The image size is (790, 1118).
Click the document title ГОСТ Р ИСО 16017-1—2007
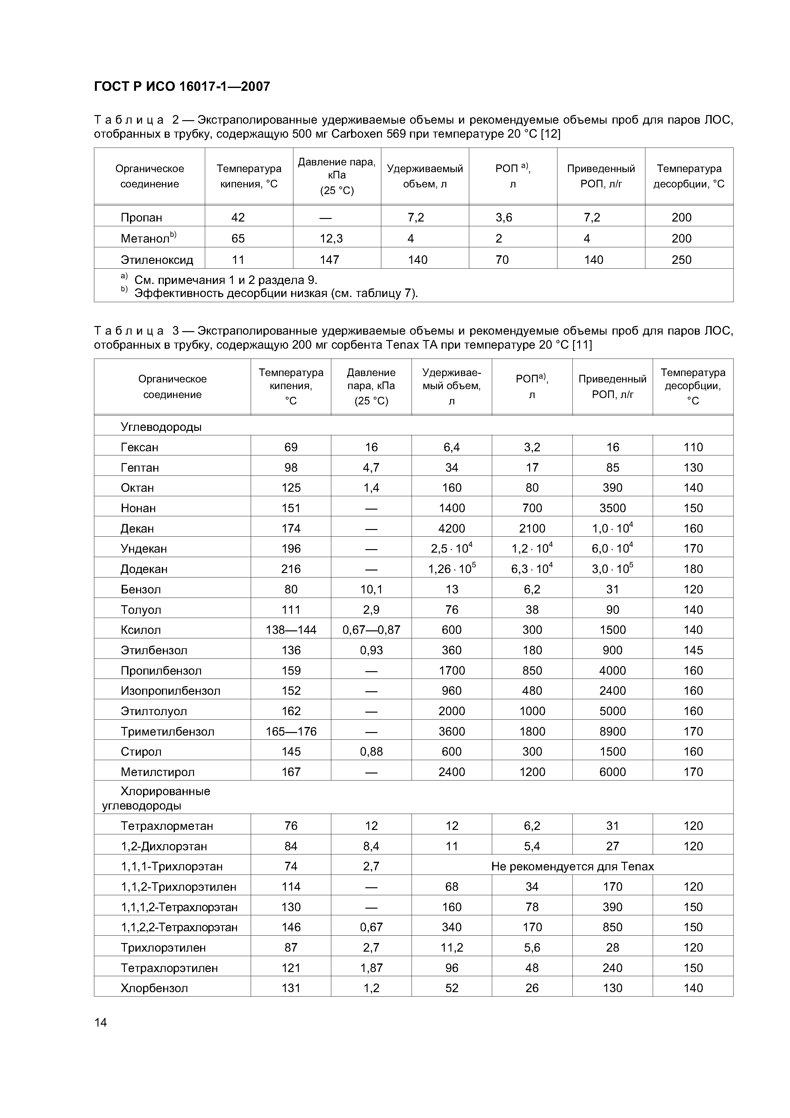coord(182,87)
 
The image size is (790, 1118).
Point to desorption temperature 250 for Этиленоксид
coord(681,259)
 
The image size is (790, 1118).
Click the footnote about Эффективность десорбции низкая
coord(276,293)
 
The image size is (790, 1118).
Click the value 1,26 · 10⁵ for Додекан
coord(452,569)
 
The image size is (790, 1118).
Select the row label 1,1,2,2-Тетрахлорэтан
coord(179,927)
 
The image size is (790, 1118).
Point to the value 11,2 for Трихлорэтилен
coord(452,947)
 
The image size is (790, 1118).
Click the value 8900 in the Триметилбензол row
coord(612,731)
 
